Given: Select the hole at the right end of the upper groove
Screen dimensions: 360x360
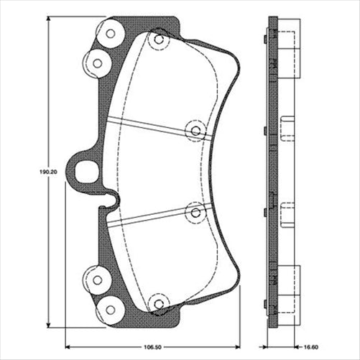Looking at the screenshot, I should click(x=195, y=129).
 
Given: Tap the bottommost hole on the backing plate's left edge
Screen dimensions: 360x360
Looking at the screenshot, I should click(x=110, y=310).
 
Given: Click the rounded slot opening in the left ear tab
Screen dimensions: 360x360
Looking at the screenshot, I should click(x=85, y=172).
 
